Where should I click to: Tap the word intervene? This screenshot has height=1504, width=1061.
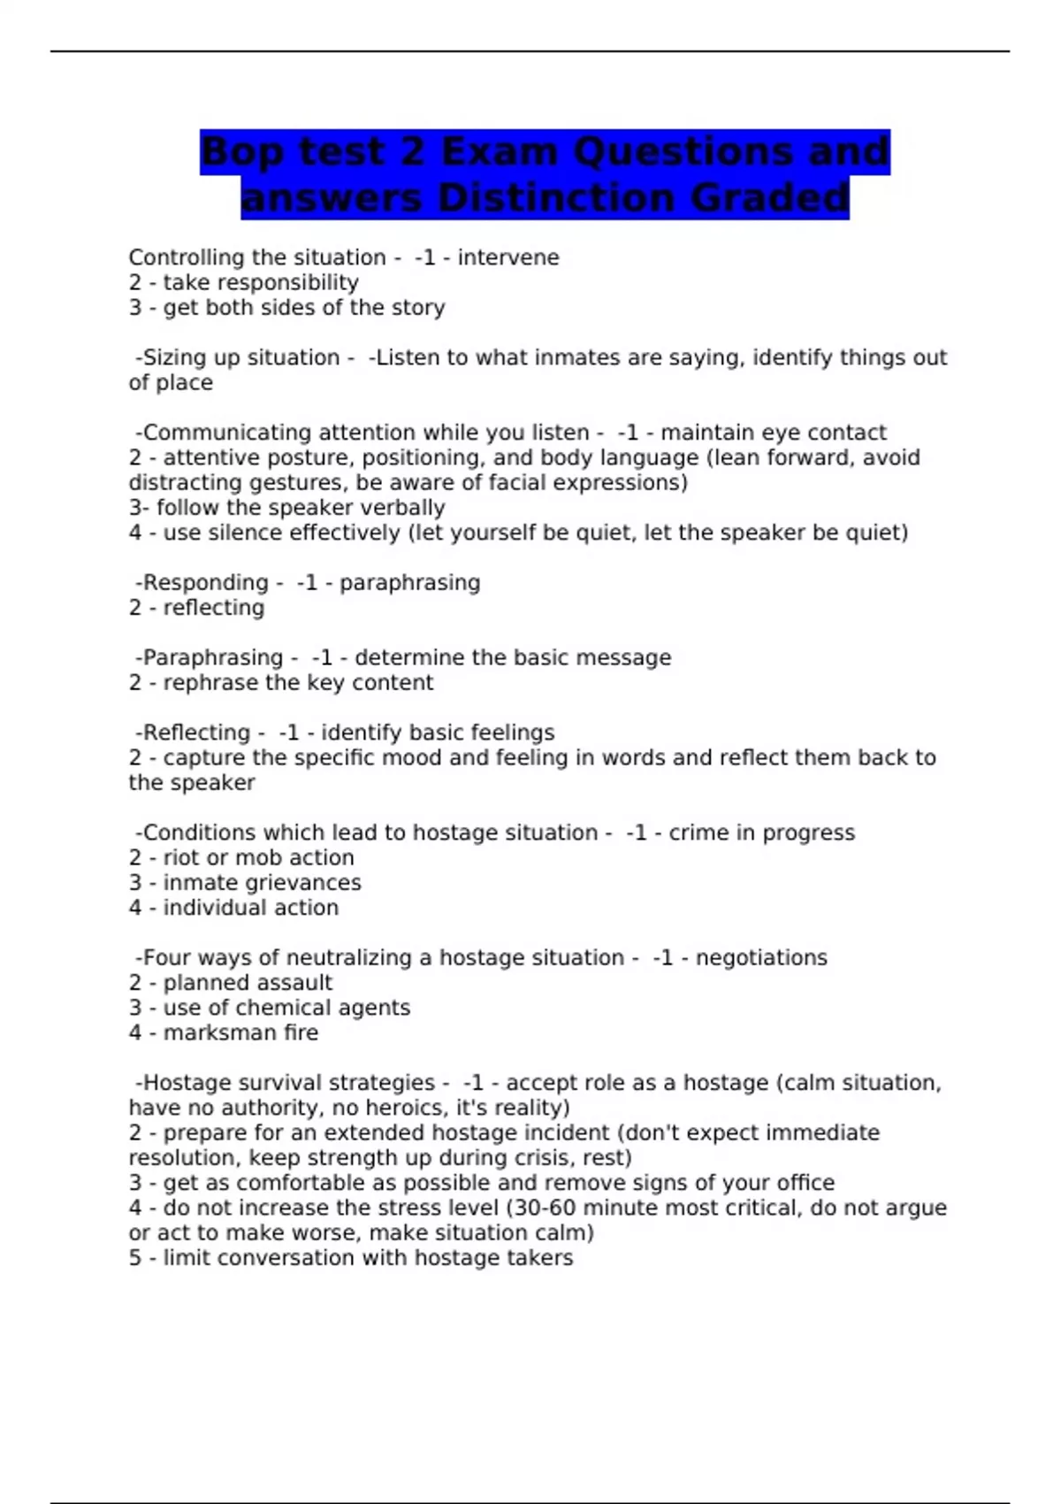click(508, 257)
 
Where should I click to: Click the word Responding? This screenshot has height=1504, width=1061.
click(205, 583)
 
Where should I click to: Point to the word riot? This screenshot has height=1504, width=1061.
click(180, 858)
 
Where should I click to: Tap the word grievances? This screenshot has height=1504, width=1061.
click(302, 883)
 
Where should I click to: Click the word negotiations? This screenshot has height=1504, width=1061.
click(761, 958)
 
